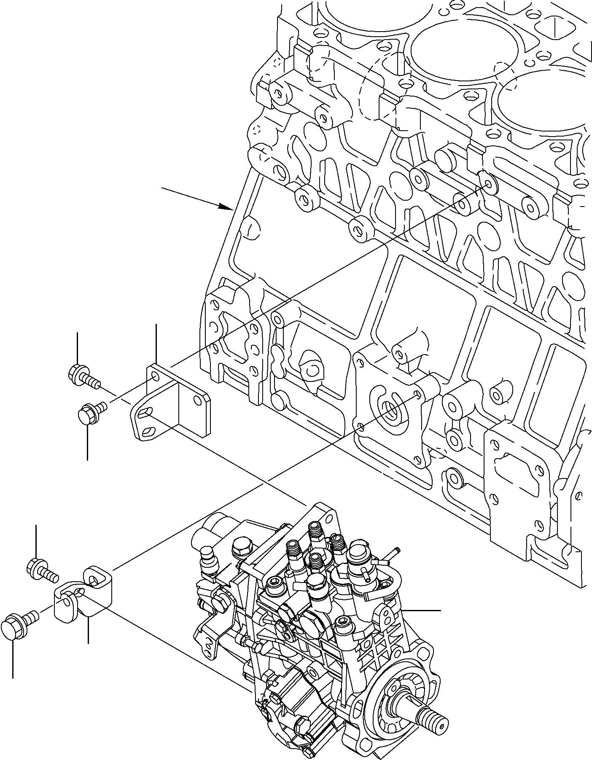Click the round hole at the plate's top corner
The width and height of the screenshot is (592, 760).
(x=155, y=375)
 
